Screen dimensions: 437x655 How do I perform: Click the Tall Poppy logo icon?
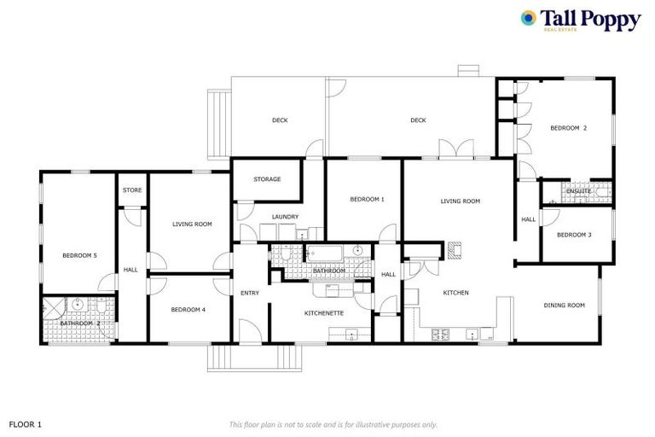point(529,18)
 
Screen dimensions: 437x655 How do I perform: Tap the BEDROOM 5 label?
point(79,255)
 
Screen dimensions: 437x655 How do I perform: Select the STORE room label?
point(132,189)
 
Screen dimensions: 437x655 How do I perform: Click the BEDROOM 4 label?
point(188,309)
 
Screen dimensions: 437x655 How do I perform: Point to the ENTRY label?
point(250,293)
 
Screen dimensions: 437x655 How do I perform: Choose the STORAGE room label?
point(267,179)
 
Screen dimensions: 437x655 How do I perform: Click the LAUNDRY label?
point(286,217)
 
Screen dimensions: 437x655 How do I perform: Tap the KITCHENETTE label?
point(324,313)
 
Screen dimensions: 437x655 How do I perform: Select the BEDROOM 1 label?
point(367,199)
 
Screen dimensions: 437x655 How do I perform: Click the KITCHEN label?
point(455,293)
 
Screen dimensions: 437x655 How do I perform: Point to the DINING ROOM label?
point(564,305)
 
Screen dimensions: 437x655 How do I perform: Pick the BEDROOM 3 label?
point(574,235)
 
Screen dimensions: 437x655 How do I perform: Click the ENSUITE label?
point(578,190)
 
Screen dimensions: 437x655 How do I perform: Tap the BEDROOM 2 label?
point(568,128)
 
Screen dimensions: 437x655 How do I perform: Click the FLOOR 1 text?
point(25,423)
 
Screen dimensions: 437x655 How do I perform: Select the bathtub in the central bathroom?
point(323,253)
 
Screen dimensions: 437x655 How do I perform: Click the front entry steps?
point(256,358)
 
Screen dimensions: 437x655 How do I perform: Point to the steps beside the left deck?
point(219,124)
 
